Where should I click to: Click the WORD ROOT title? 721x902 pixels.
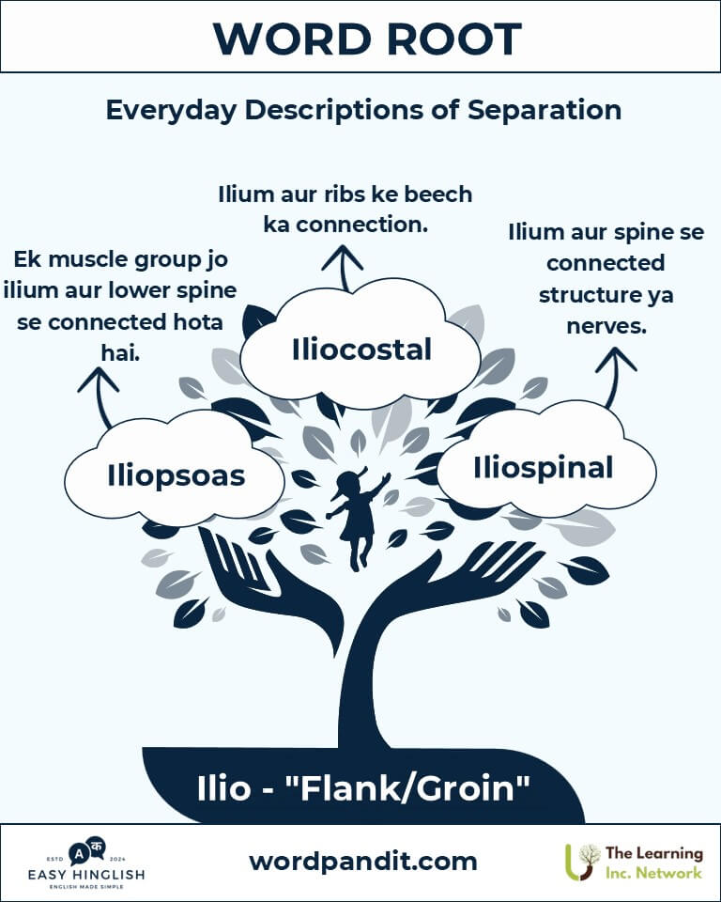(367, 39)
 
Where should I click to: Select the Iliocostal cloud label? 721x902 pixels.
(361, 350)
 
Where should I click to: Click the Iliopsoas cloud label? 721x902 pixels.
(176, 476)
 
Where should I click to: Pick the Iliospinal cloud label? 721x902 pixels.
(543, 467)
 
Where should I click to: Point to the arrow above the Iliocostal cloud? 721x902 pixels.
(343, 268)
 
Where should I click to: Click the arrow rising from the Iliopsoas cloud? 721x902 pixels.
(100, 397)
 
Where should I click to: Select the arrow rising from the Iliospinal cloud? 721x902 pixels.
(613, 378)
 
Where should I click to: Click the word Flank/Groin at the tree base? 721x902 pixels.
(407, 787)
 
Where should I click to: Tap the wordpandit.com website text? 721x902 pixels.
(362, 862)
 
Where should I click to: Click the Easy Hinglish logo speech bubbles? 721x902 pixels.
(86, 851)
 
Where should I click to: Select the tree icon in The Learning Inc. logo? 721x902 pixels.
(581, 862)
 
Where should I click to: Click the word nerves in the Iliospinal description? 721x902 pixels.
(606, 326)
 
